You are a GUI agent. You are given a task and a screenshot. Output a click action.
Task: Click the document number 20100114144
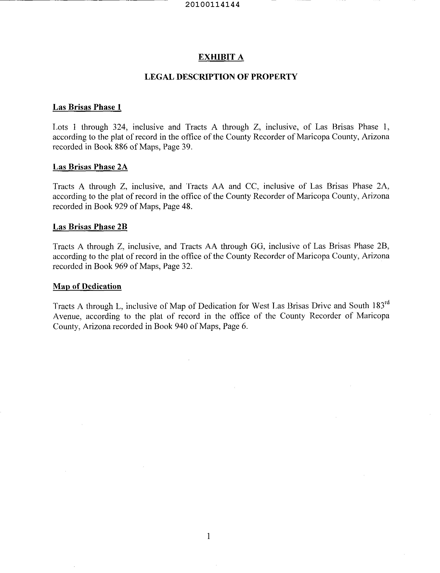click(x=212, y=5)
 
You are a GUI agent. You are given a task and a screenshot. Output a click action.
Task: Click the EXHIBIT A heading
click(x=221, y=57)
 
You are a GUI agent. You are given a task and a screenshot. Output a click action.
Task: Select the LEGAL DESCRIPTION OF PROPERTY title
click(x=221, y=77)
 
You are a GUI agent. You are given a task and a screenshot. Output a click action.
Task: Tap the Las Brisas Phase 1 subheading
click(x=87, y=107)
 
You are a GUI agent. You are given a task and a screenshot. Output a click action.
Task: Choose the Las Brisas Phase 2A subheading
click(x=90, y=167)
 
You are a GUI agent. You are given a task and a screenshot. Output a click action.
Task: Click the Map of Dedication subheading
click(x=87, y=286)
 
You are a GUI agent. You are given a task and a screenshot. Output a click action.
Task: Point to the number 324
click(x=120, y=127)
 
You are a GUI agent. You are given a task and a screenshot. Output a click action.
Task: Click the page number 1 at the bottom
click(x=208, y=536)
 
